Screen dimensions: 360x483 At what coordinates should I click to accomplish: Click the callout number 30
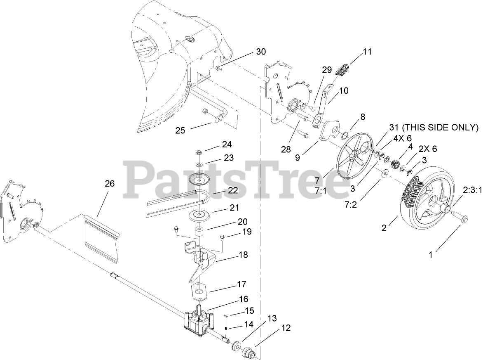pyautogui.click(x=261, y=52)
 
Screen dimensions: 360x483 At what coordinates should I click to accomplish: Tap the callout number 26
pyautogui.click(x=109, y=183)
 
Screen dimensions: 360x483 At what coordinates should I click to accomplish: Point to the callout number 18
pyautogui.click(x=243, y=255)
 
